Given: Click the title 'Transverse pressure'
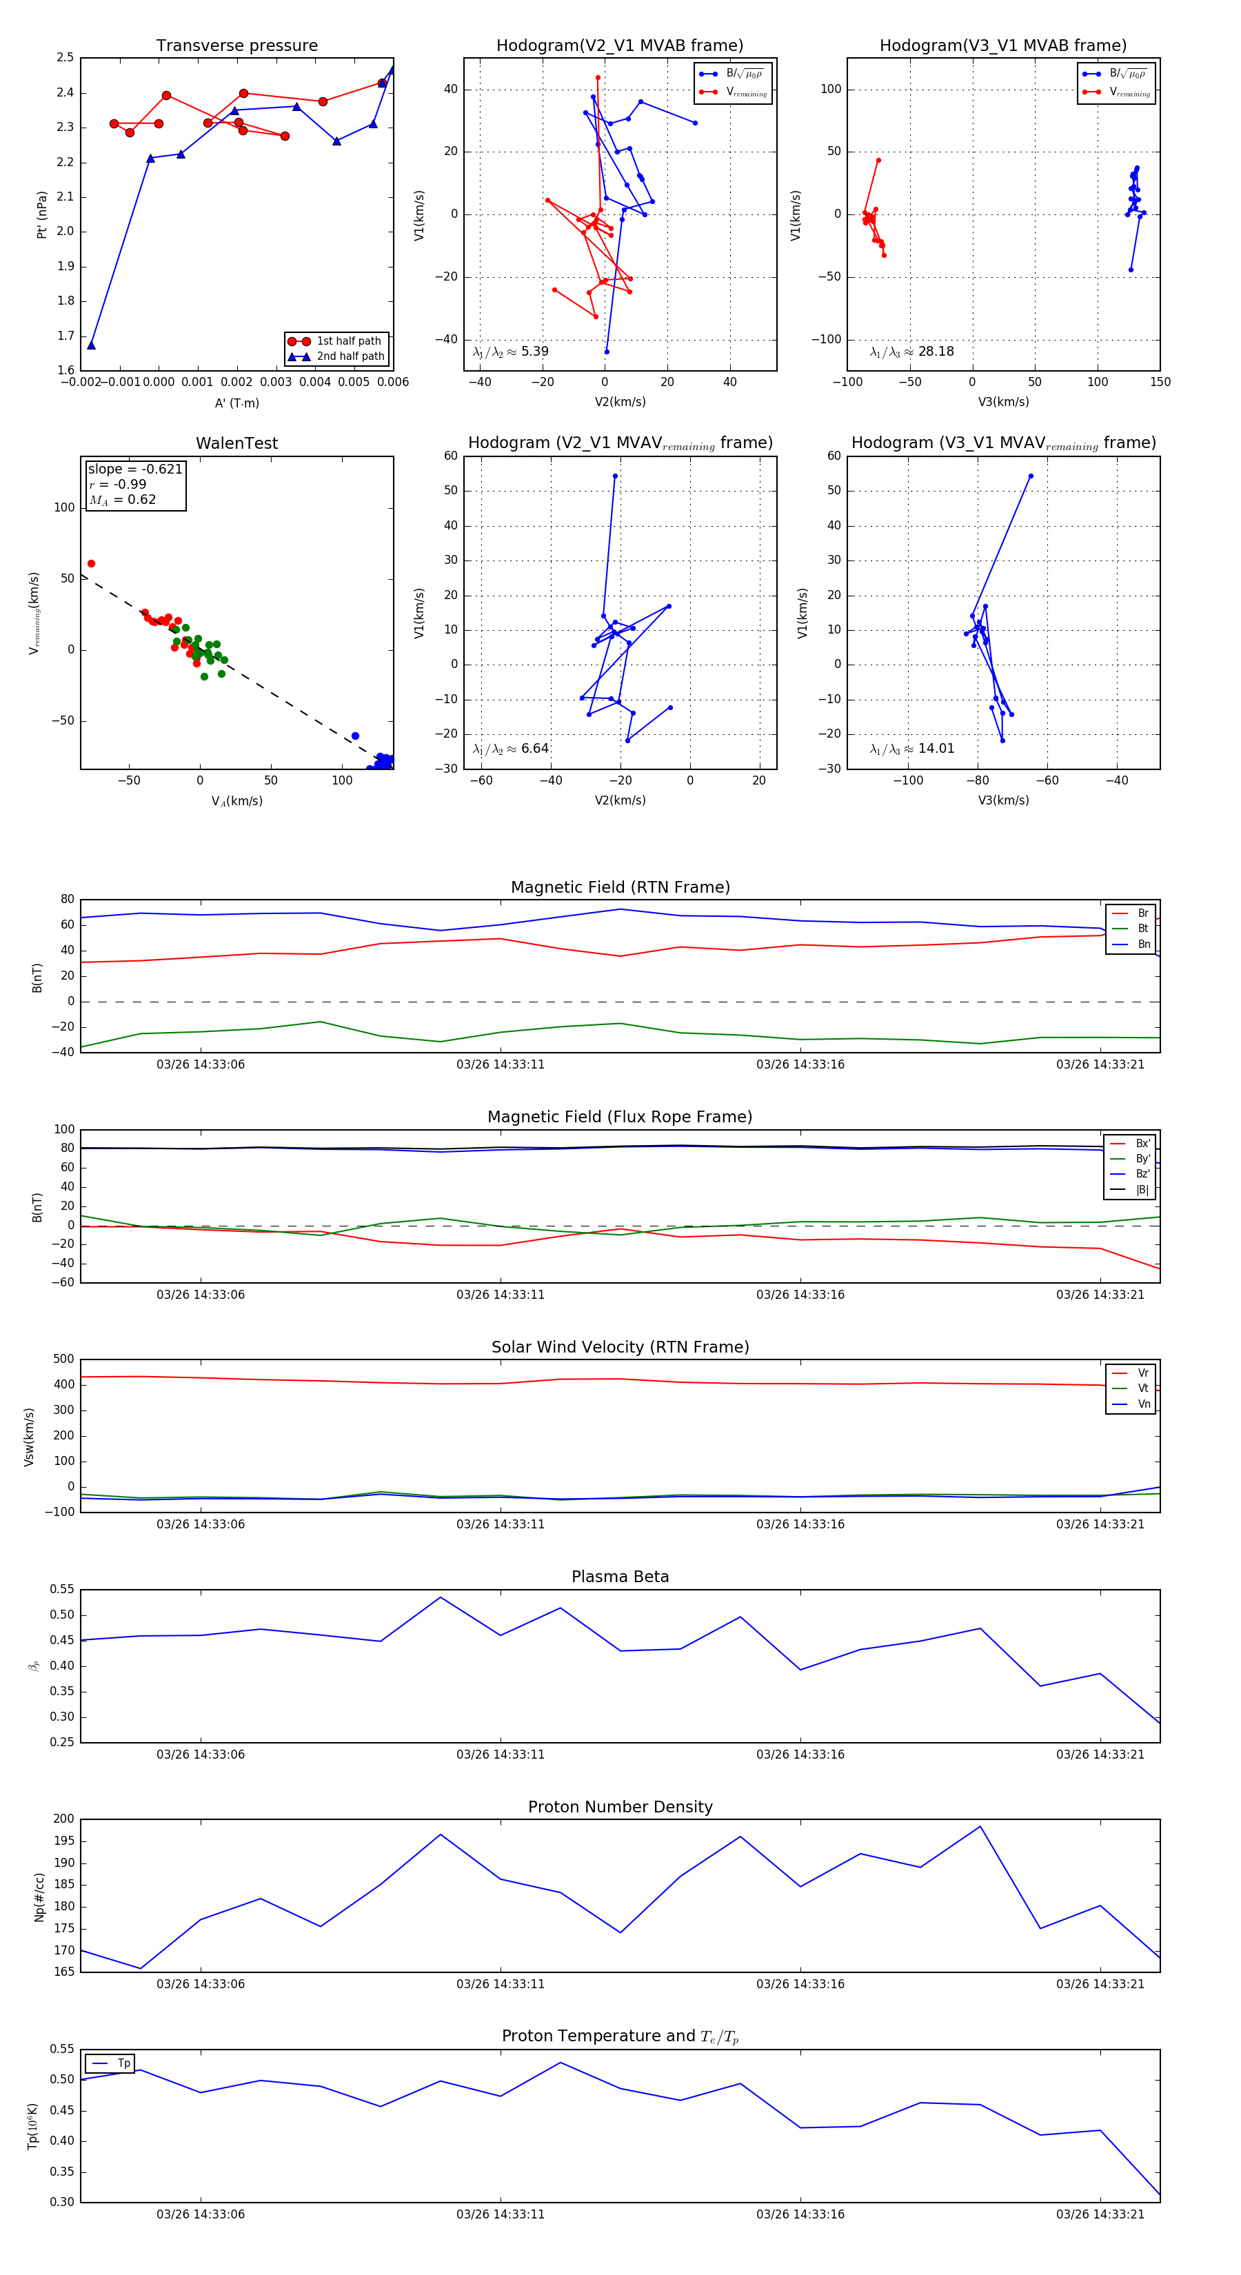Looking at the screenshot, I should pyautogui.click(x=236, y=46).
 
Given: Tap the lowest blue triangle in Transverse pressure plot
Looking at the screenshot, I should pyautogui.click(x=91, y=345).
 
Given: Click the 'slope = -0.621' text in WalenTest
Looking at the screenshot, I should pyautogui.click(x=135, y=469).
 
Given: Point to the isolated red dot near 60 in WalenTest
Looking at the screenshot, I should pyautogui.click(x=91, y=563).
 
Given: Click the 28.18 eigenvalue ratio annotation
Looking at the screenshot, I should pyautogui.click(x=912, y=352).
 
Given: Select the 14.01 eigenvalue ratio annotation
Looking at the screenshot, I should pyautogui.click(x=912, y=749).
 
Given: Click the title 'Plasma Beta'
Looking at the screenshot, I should pyautogui.click(x=620, y=1577).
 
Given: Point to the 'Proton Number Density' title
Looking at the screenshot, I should pyautogui.click(x=620, y=1807).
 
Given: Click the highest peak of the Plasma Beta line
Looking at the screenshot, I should pyautogui.click(x=441, y=1597).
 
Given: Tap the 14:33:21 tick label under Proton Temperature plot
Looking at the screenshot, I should pyautogui.click(x=1100, y=2214).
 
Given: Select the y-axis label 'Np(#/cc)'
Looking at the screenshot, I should pyautogui.click(x=39, y=1897).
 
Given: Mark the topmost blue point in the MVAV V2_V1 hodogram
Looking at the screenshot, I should pyautogui.click(x=615, y=476).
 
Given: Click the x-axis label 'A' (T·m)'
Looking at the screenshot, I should pyautogui.click(x=236, y=403).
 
